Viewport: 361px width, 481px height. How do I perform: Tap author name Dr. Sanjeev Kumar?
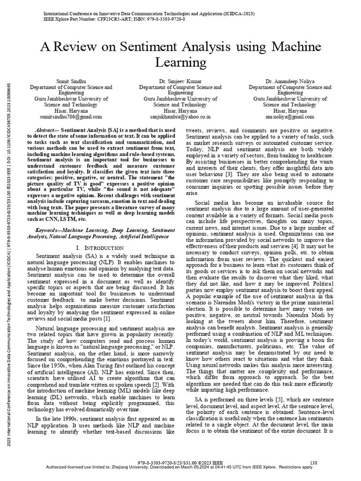pyautogui.click(x=180, y=81)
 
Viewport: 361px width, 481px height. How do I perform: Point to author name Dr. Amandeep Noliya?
pyautogui.click(x=290, y=81)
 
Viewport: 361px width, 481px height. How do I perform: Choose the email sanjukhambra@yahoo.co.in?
pyautogui.click(x=180, y=116)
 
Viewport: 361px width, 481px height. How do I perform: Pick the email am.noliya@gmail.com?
pyautogui.click(x=290, y=116)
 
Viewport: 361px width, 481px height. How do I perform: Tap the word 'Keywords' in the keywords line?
pyautogui.click(x=49, y=231)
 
